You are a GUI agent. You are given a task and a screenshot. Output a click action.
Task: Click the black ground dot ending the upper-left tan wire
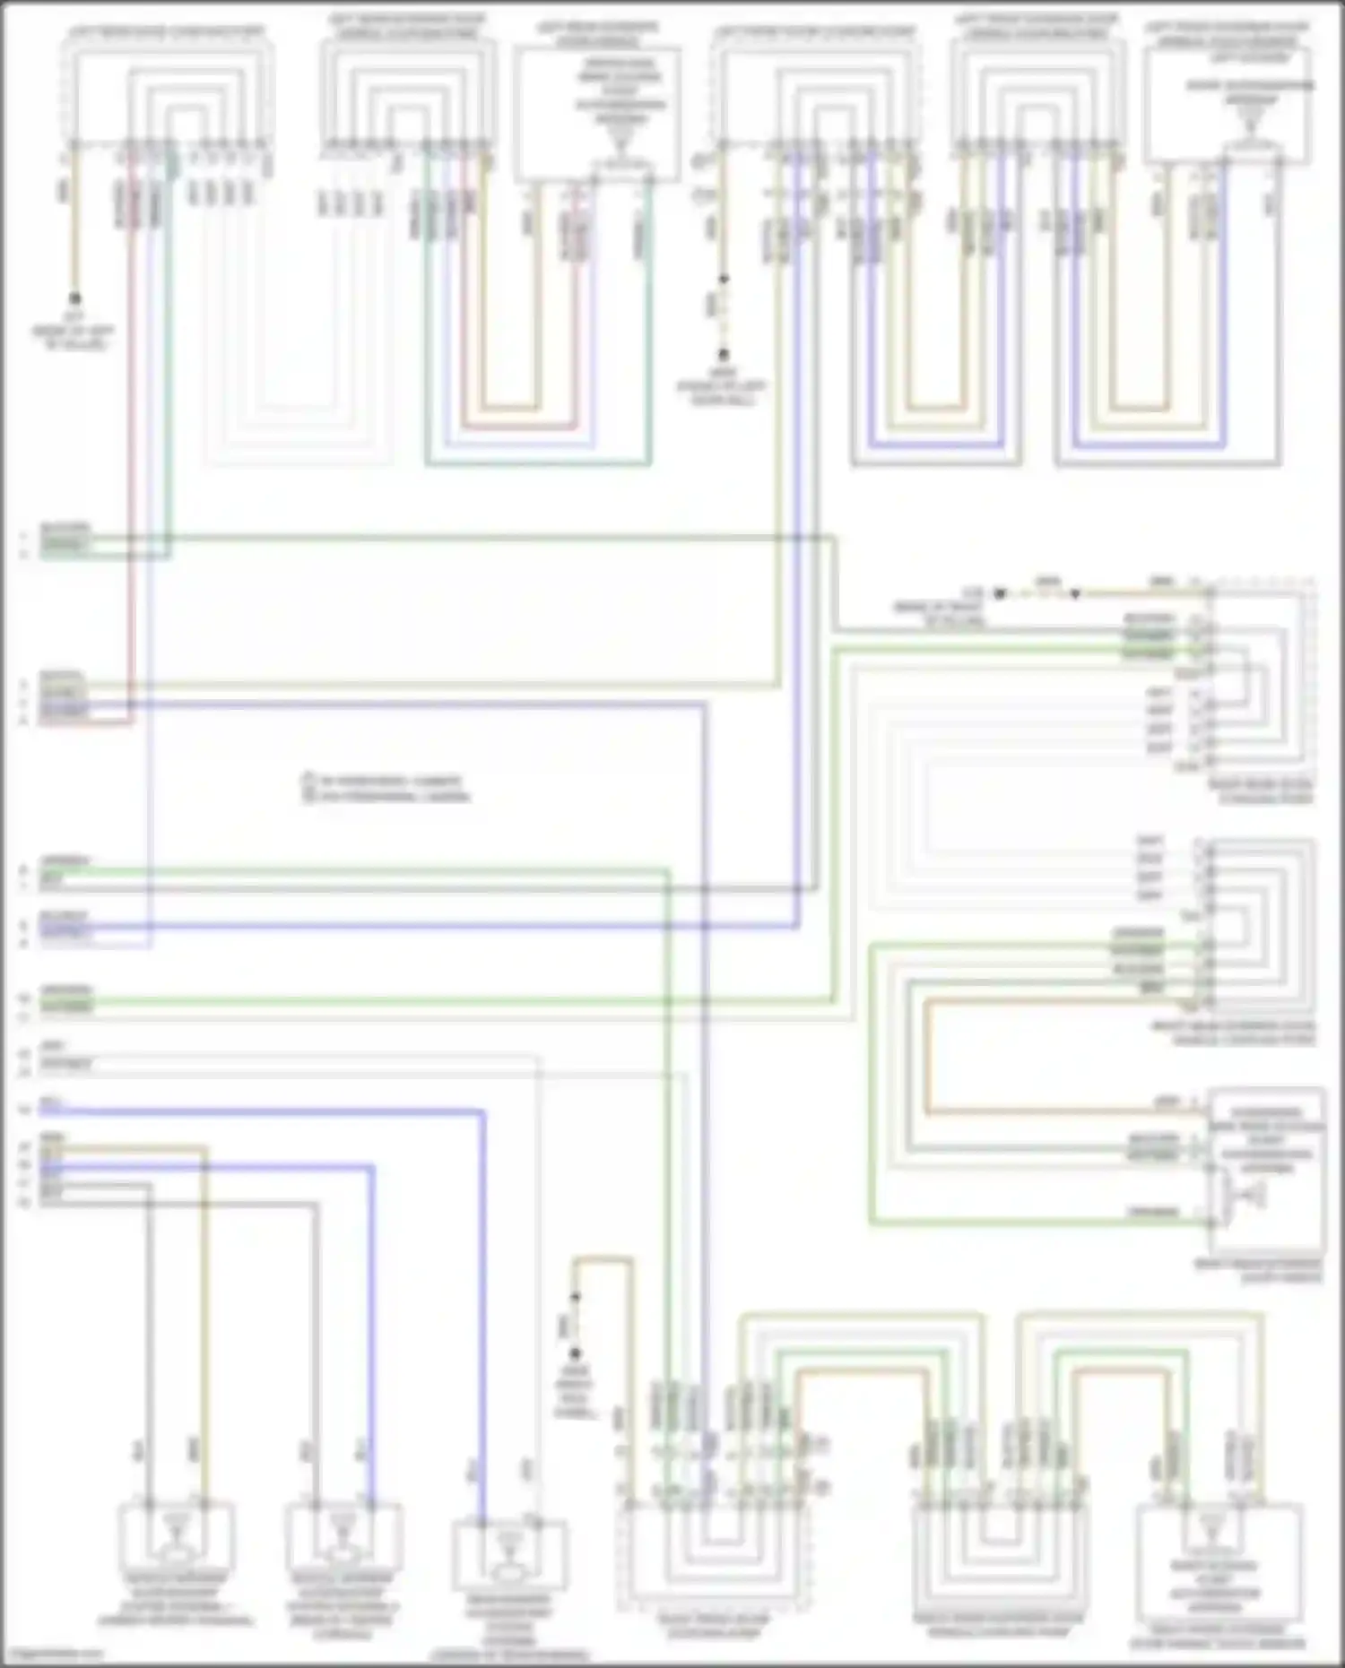pos(75,298)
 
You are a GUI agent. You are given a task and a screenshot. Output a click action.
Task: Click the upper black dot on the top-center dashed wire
pos(723,280)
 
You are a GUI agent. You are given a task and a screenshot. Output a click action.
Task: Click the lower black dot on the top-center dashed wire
pos(723,355)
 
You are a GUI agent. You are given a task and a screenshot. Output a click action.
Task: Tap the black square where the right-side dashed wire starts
pos(1000,593)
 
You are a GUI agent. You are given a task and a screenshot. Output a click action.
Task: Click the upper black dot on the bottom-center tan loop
pos(576,1297)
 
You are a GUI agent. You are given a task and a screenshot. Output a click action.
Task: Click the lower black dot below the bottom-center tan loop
pos(576,1353)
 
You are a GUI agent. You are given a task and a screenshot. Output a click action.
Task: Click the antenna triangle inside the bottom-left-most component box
pos(177,1522)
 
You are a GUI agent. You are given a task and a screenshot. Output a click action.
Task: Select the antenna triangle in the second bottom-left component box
pos(343,1522)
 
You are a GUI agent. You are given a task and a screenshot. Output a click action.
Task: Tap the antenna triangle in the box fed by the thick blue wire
pos(508,1540)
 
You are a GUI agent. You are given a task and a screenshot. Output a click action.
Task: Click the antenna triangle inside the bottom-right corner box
pos(1212,1524)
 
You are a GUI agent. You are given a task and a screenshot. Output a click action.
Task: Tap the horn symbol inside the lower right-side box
pos(1250,1194)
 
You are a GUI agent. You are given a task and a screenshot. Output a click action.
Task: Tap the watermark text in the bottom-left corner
pos(54,1655)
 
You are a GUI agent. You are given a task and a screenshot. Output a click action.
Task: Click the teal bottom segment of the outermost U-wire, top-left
pos(538,464)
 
